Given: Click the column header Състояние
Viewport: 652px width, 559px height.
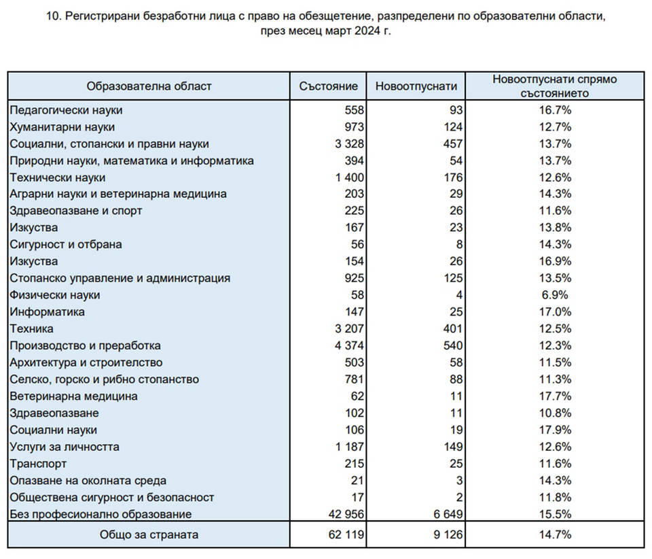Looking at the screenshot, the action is click(328, 86).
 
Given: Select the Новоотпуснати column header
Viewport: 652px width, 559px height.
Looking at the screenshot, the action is click(416, 86).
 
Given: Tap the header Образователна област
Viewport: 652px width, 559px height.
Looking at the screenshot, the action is click(149, 86).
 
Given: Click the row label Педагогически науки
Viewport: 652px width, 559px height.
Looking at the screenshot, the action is click(66, 110).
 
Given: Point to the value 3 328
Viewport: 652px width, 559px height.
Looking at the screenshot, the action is click(349, 144).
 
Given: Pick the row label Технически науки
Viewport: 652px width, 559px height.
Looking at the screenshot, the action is click(57, 177).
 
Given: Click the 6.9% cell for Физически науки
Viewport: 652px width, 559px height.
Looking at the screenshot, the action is click(555, 295).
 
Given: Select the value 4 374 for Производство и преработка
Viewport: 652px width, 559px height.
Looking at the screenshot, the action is click(349, 346).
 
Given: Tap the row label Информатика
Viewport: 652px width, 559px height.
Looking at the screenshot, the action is click(47, 312).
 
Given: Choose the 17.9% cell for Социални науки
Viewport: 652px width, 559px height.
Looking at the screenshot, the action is click(555, 430).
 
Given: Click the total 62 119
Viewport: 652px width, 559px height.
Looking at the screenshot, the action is click(346, 535).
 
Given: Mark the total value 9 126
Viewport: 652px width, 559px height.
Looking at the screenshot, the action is click(448, 535).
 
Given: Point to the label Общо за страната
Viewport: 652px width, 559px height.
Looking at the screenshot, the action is click(149, 535).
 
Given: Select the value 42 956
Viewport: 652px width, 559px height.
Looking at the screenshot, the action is click(346, 514).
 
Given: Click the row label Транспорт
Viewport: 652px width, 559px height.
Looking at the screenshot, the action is click(38, 464).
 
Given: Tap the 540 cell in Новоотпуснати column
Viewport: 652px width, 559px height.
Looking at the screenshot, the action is click(452, 346).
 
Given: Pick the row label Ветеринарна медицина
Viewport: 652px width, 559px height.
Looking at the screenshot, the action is click(73, 396).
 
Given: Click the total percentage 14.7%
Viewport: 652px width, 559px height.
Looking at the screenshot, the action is click(555, 535).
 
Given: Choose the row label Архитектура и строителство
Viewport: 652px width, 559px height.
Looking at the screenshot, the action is click(86, 362).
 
